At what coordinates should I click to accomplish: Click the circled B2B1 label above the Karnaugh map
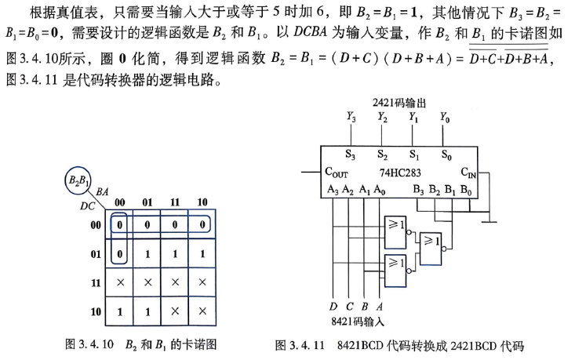[x=78, y=180]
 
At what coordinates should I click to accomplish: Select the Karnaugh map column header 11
[x=175, y=202]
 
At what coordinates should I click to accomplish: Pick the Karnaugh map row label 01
[x=96, y=253]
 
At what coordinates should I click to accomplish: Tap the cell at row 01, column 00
[x=119, y=253]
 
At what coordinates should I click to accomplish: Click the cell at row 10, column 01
[x=147, y=311]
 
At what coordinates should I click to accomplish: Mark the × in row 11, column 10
[x=202, y=282]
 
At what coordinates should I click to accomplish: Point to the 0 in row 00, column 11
[x=175, y=224]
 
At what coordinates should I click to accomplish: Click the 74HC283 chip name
[x=400, y=173]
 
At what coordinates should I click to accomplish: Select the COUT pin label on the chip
[x=336, y=173]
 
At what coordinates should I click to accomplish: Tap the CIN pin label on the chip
[x=468, y=173]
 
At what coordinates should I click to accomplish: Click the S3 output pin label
[x=350, y=155]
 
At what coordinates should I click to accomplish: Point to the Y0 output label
[x=445, y=118]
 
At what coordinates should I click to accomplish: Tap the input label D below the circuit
[x=333, y=306]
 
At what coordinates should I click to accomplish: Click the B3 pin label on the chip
[x=418, y=190]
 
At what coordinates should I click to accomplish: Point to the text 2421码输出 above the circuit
[x=399, y=103]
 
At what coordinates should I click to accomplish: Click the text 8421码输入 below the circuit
[x=358, y=322]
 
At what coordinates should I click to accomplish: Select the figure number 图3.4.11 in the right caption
[x=300, y=345]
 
